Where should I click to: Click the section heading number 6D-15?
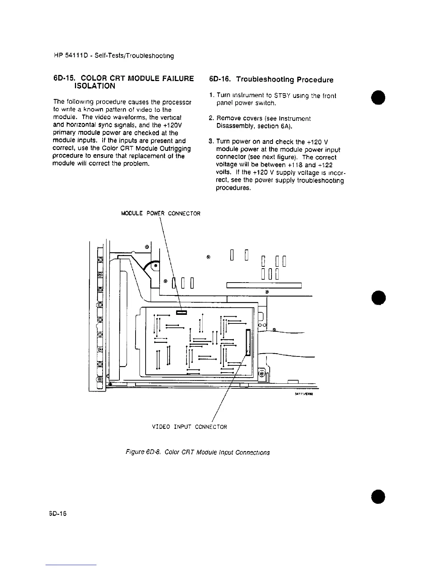(64, 78)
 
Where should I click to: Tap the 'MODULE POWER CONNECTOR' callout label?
(161, 213)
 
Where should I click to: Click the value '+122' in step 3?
(324, 165)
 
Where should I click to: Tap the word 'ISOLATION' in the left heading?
(94, 86)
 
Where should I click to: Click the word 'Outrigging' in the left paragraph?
(174, 148)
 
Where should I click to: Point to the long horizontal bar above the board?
(264, 285)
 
